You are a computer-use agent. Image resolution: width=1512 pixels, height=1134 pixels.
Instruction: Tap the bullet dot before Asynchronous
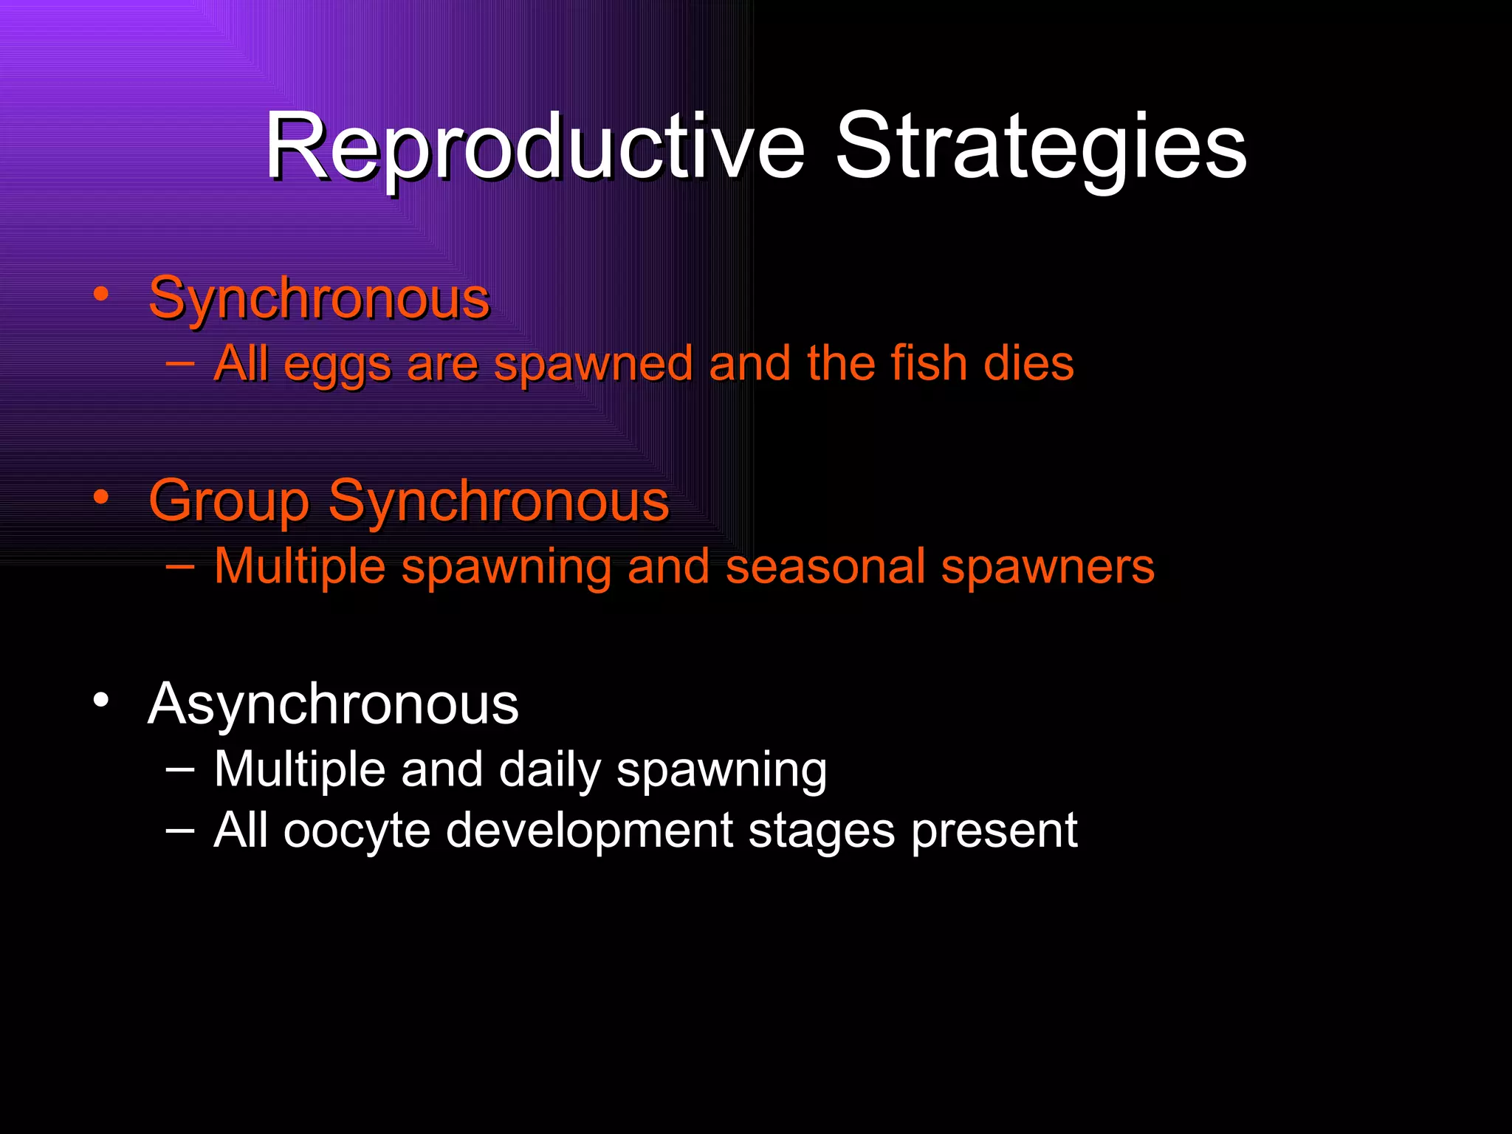click(101, 700)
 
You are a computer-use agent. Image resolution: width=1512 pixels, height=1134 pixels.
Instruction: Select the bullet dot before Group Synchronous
click(101, 497)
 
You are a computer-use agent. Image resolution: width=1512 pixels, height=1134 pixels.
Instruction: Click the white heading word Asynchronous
click(333, 704)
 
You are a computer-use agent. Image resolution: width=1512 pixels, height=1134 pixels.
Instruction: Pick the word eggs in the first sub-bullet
click(337, 365)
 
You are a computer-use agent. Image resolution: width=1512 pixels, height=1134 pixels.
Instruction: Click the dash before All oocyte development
click(180, 830)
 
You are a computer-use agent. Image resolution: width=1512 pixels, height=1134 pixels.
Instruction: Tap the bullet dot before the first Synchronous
click(101, 295)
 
